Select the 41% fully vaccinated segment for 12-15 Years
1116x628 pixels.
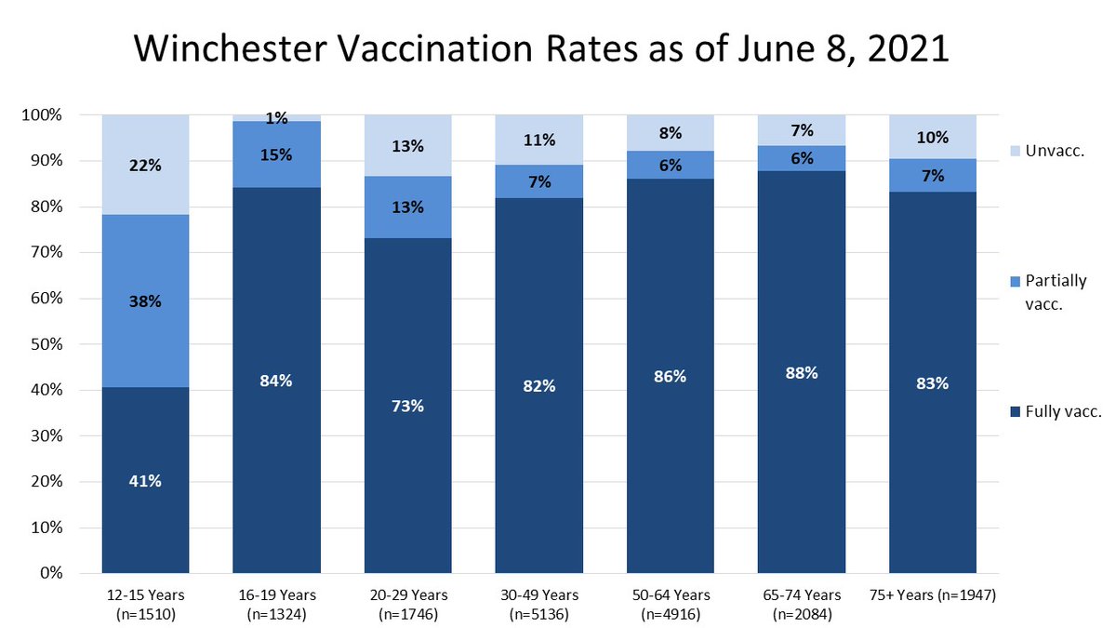[146, 481]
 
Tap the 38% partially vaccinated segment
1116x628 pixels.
[146, 301]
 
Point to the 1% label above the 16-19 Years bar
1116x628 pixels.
[277, 118]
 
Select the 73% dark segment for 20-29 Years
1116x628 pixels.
[408, 406]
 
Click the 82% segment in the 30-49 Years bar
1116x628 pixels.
[539, 385]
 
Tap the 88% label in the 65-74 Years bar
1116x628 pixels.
[802, 372]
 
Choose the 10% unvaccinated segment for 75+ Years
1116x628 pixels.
[933, 137]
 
